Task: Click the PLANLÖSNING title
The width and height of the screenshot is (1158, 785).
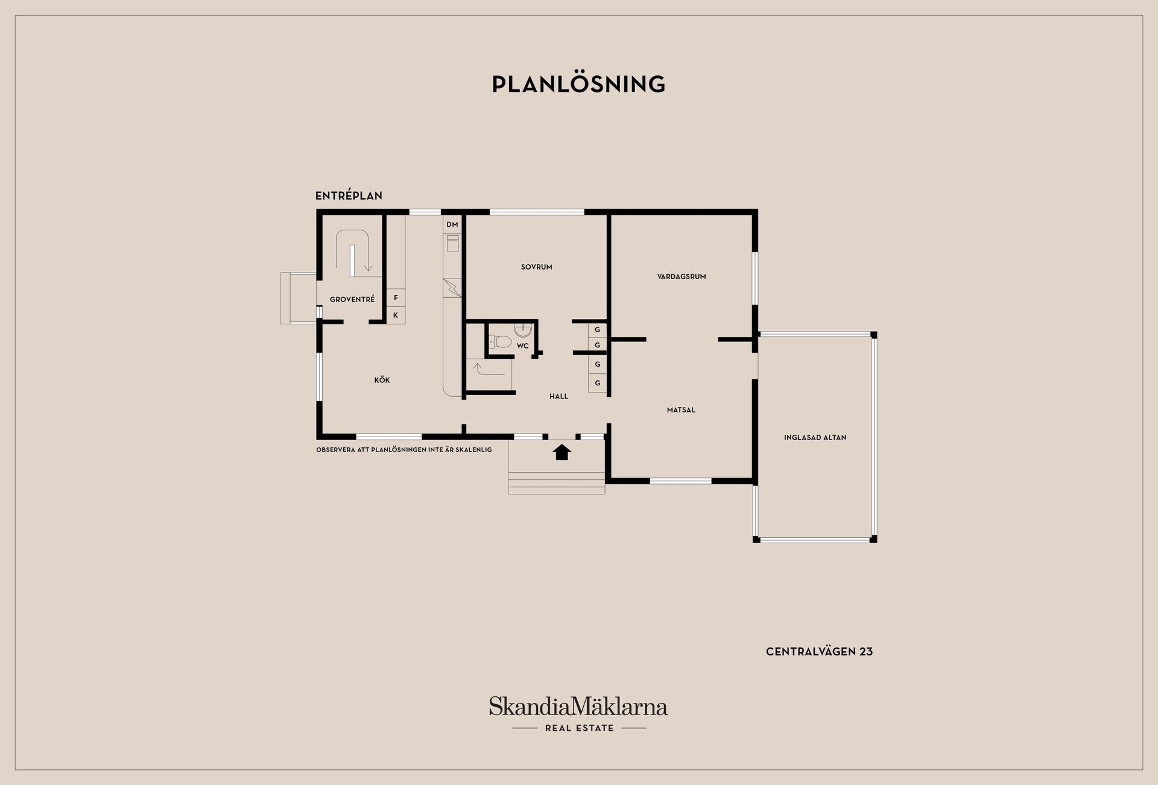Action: pyautogui.click(x=578, y=84)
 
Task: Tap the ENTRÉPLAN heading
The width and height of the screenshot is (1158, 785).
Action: pyautogui.click(x=349, y=196)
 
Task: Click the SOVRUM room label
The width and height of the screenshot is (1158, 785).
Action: pyautogui.click(x=536, y=267)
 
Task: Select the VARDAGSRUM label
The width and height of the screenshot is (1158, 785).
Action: pyautogui.click(x=682, y=277)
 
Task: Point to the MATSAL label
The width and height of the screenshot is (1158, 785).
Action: pyautogui.click(x=681, y=410)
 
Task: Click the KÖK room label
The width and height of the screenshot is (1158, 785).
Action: pyautogui.click(x=382, y=380)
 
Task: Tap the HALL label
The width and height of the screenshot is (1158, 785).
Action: pyautogui.click(x=558, y=396)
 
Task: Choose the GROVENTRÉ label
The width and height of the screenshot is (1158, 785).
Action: pyautogui.click(x=352, y=299)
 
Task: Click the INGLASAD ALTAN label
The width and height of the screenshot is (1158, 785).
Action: pyautogui.click(x=815, y=438)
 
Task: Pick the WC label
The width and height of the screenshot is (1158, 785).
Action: pyautogui.click(x=522, y=345)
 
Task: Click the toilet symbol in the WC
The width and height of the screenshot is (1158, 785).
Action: pyautogui.click(x=500, y=342)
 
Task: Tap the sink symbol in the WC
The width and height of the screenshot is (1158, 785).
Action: pyautogui.click(x=523, y=330)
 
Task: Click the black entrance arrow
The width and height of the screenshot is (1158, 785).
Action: pyautogui.click(x=562, y=452)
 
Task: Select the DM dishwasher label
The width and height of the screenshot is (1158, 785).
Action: pyautogui.click(x=452, y=225)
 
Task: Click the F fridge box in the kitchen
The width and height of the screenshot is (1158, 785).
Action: pyautogui.click(x=396, y=298)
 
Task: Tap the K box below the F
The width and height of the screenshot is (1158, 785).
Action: pyautogui.click(x=396, y=315)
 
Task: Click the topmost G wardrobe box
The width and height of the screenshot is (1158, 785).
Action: pyautogui.click(x=597, y=330)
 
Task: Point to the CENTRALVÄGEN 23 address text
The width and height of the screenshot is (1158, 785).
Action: pyautogui.click(x=819, y=652)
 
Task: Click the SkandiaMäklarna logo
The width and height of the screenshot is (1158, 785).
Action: pyautogui.click(x=578, y=706)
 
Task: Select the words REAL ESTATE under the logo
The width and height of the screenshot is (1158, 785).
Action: pyautogui.click(x=579, y=728)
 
